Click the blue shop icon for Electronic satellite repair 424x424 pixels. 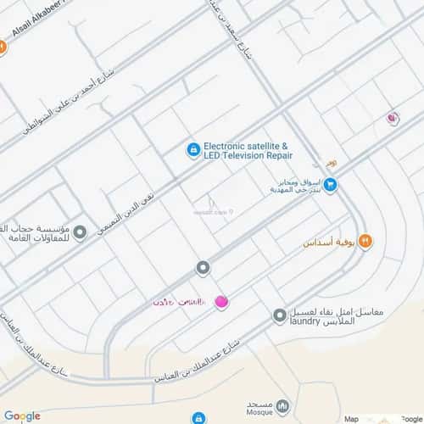coord(193,150)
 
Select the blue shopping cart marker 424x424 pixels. coord(331,184)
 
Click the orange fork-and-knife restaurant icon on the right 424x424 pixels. coord(365,241)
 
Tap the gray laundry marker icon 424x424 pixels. coord(279,315)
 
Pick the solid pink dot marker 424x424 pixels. coord(221,301)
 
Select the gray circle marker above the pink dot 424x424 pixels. coord(203,269)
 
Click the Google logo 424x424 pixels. coord(22,416)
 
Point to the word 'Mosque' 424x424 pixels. coord(255,412)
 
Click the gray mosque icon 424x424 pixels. coord(282,408)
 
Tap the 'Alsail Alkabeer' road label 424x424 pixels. coord(42,25)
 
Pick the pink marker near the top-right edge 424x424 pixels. coord(392,119)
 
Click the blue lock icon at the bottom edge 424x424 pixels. coord(198,419)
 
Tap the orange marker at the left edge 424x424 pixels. coord(3,48)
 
